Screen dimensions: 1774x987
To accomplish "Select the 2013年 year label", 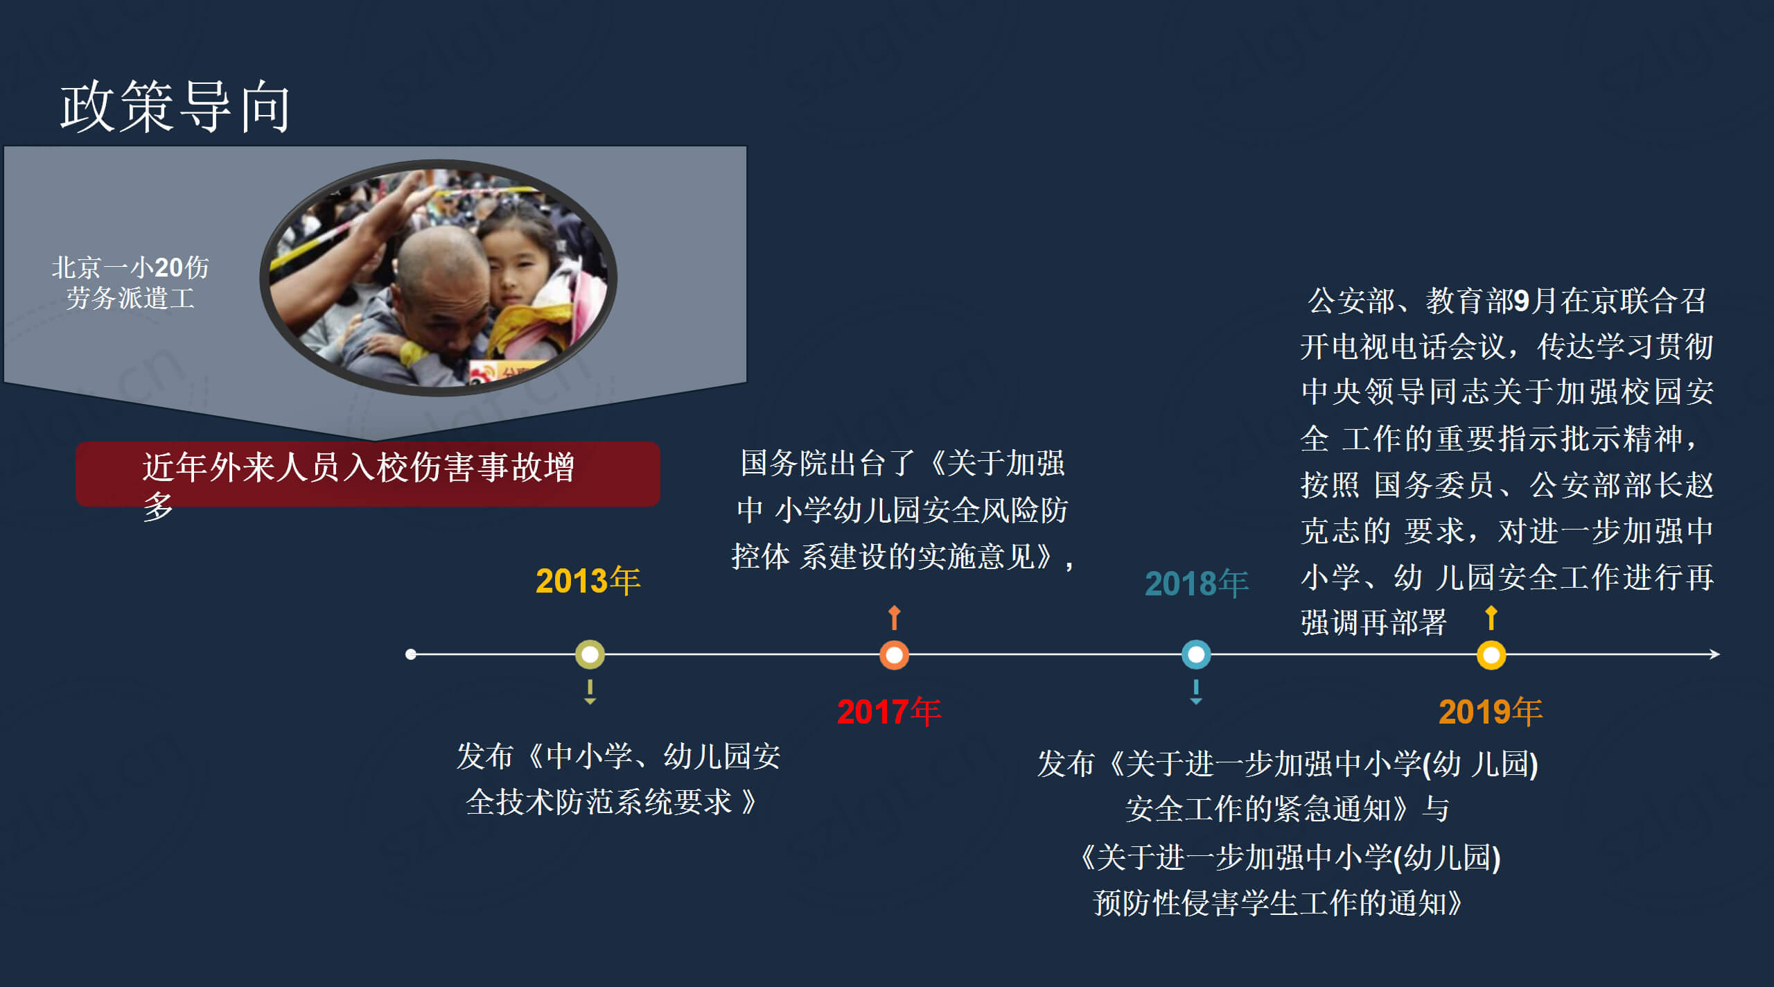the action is pos(588,581).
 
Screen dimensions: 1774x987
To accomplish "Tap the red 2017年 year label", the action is pos(889,712).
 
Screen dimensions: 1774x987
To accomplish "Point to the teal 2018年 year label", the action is pos(1197,584).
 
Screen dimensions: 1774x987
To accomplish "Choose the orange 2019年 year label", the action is pos(1491,712).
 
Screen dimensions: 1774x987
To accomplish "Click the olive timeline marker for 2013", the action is pos(590,654).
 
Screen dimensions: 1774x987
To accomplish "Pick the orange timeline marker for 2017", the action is pos(894,655).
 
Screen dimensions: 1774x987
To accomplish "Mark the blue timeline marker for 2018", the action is pos(1196,654).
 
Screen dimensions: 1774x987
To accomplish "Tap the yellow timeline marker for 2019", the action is pos(1491,655).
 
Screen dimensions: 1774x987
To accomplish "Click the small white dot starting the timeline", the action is pos(411,654).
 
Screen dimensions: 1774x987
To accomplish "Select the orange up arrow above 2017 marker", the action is pos(894,618).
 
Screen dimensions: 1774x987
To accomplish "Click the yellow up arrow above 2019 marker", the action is pos(1491,618).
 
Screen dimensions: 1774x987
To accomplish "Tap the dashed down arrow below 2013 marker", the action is pos(590,692).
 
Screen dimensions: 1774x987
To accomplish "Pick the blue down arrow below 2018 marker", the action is pos(1196,692).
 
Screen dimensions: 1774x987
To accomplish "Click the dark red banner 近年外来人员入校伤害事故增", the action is pos(368,474).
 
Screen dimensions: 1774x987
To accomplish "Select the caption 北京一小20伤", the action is pos(130,267).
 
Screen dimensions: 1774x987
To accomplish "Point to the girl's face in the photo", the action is pos(516,267).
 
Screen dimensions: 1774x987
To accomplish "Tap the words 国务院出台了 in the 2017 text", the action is pos(828,463).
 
